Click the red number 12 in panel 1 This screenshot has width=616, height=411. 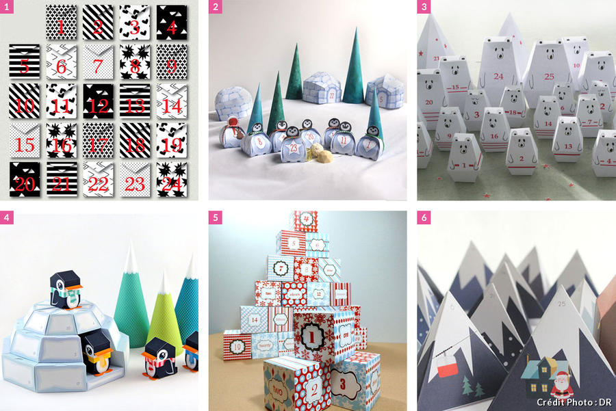tap(98, 106)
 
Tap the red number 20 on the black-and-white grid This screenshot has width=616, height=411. tap(25, 183)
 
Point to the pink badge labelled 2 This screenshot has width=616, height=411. tap(216, 8)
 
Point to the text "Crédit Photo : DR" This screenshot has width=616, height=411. tap(574, 402)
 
